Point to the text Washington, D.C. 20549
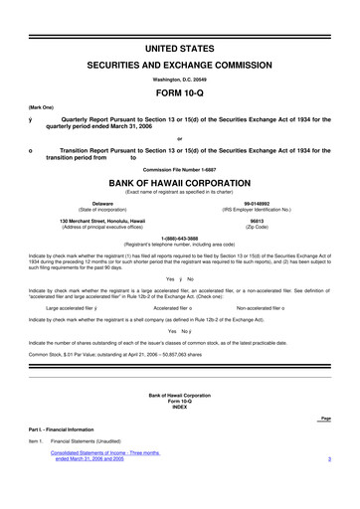pos(180,77)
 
